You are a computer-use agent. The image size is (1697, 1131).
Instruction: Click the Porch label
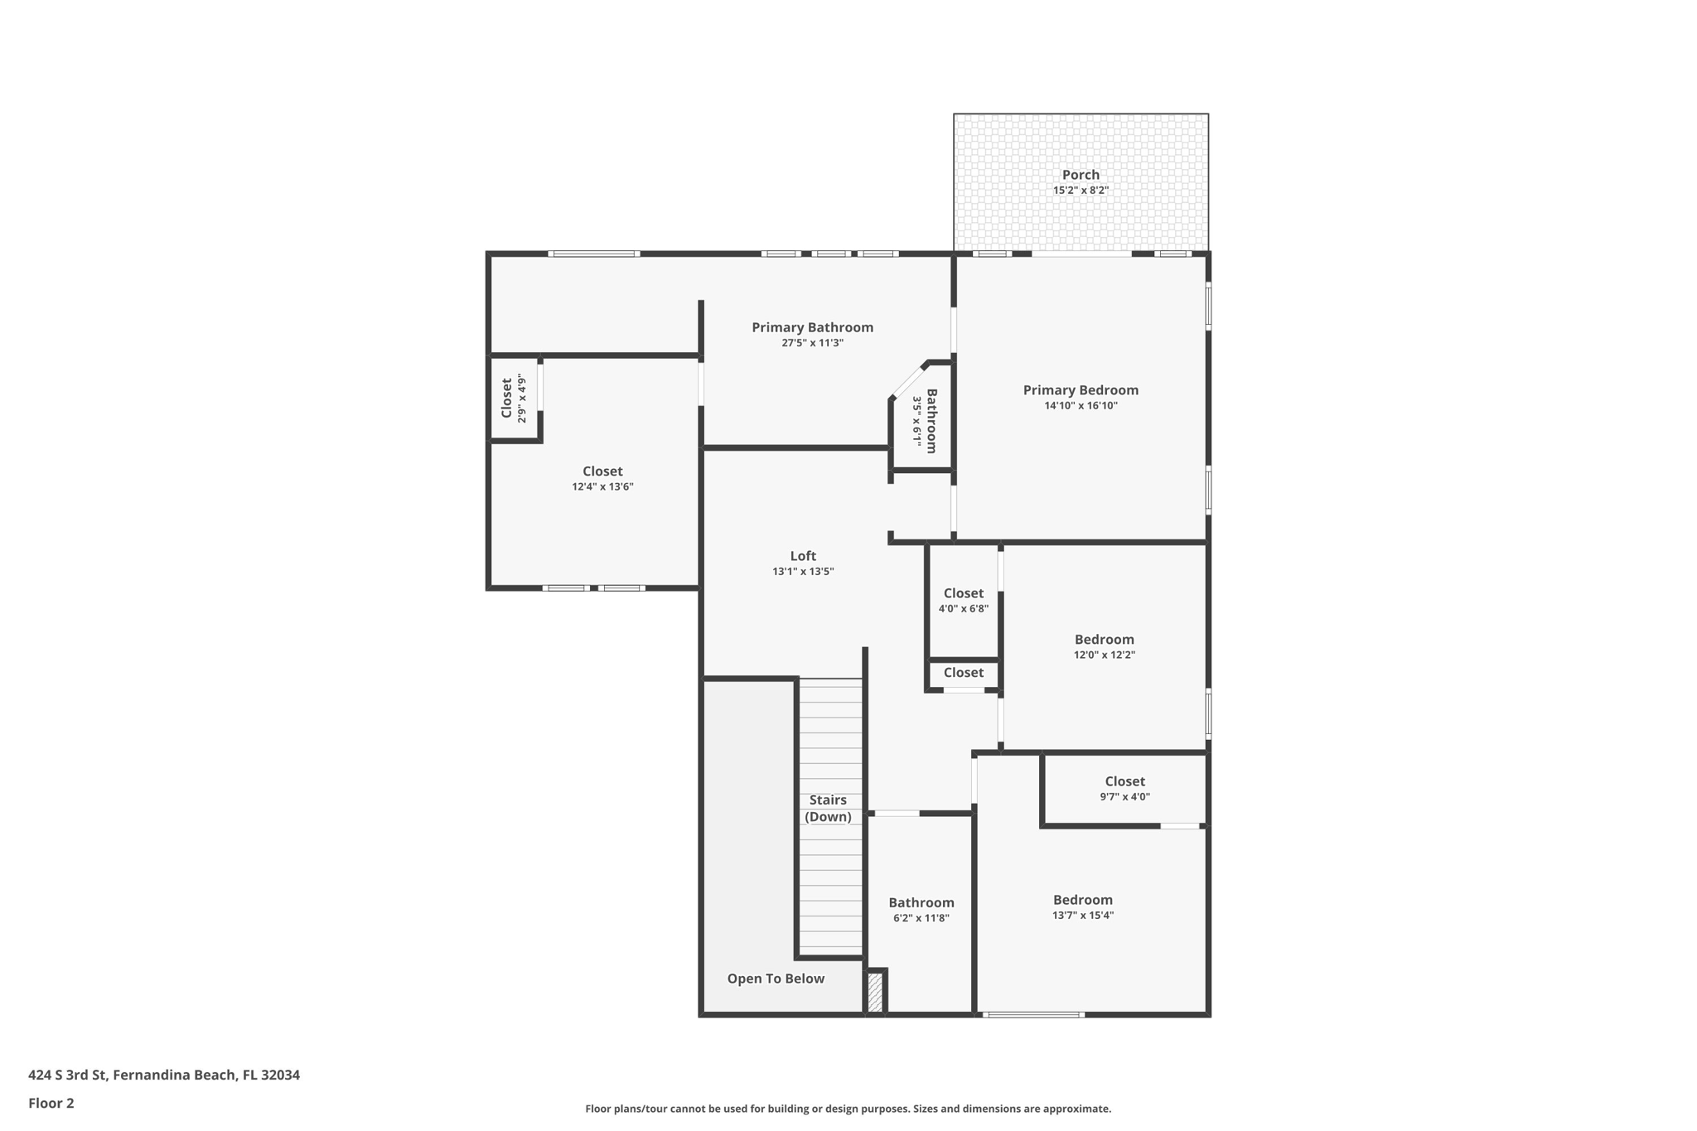(1081, 175)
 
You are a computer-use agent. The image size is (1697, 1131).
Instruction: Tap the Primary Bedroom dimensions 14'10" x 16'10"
(1081, 406)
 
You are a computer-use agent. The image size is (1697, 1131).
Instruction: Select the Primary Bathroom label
(812, 327)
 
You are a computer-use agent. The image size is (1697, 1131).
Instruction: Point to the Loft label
(802, 556)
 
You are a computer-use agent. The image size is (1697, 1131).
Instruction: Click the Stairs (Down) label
(828, 808)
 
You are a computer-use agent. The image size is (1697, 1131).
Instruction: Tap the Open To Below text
(776, 979)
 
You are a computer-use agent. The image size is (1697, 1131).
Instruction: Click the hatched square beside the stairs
(875, 992)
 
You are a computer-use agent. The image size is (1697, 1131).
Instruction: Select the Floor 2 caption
(51, 1103)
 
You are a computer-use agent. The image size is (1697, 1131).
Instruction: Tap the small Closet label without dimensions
(963, 673)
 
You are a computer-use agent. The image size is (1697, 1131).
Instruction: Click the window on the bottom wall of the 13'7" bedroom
(1032, 1014)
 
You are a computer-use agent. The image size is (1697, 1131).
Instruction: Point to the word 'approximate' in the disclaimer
(1076, 1109)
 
